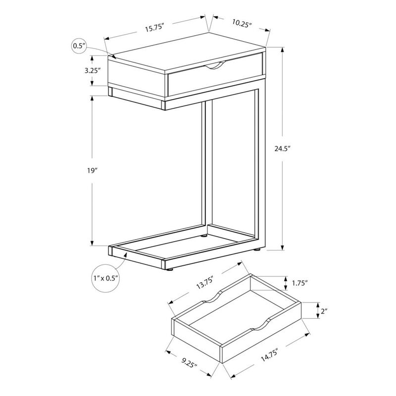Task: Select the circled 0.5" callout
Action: coord(78,46)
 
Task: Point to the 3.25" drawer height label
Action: coord(92,70)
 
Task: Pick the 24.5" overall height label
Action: coord(283,147)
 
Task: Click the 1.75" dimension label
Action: coord(298,283)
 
